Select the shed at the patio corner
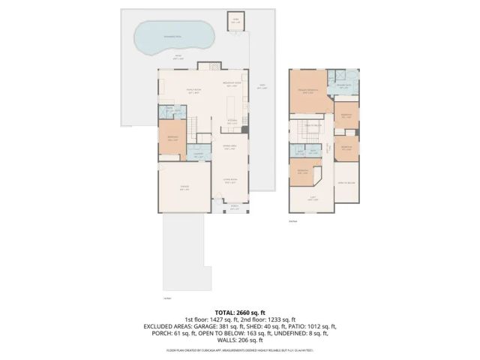coord(235,20)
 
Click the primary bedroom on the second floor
coord(308,91)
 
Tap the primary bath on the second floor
coord(344,85)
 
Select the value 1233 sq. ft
coord(280,319)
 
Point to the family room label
coord(196,91)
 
